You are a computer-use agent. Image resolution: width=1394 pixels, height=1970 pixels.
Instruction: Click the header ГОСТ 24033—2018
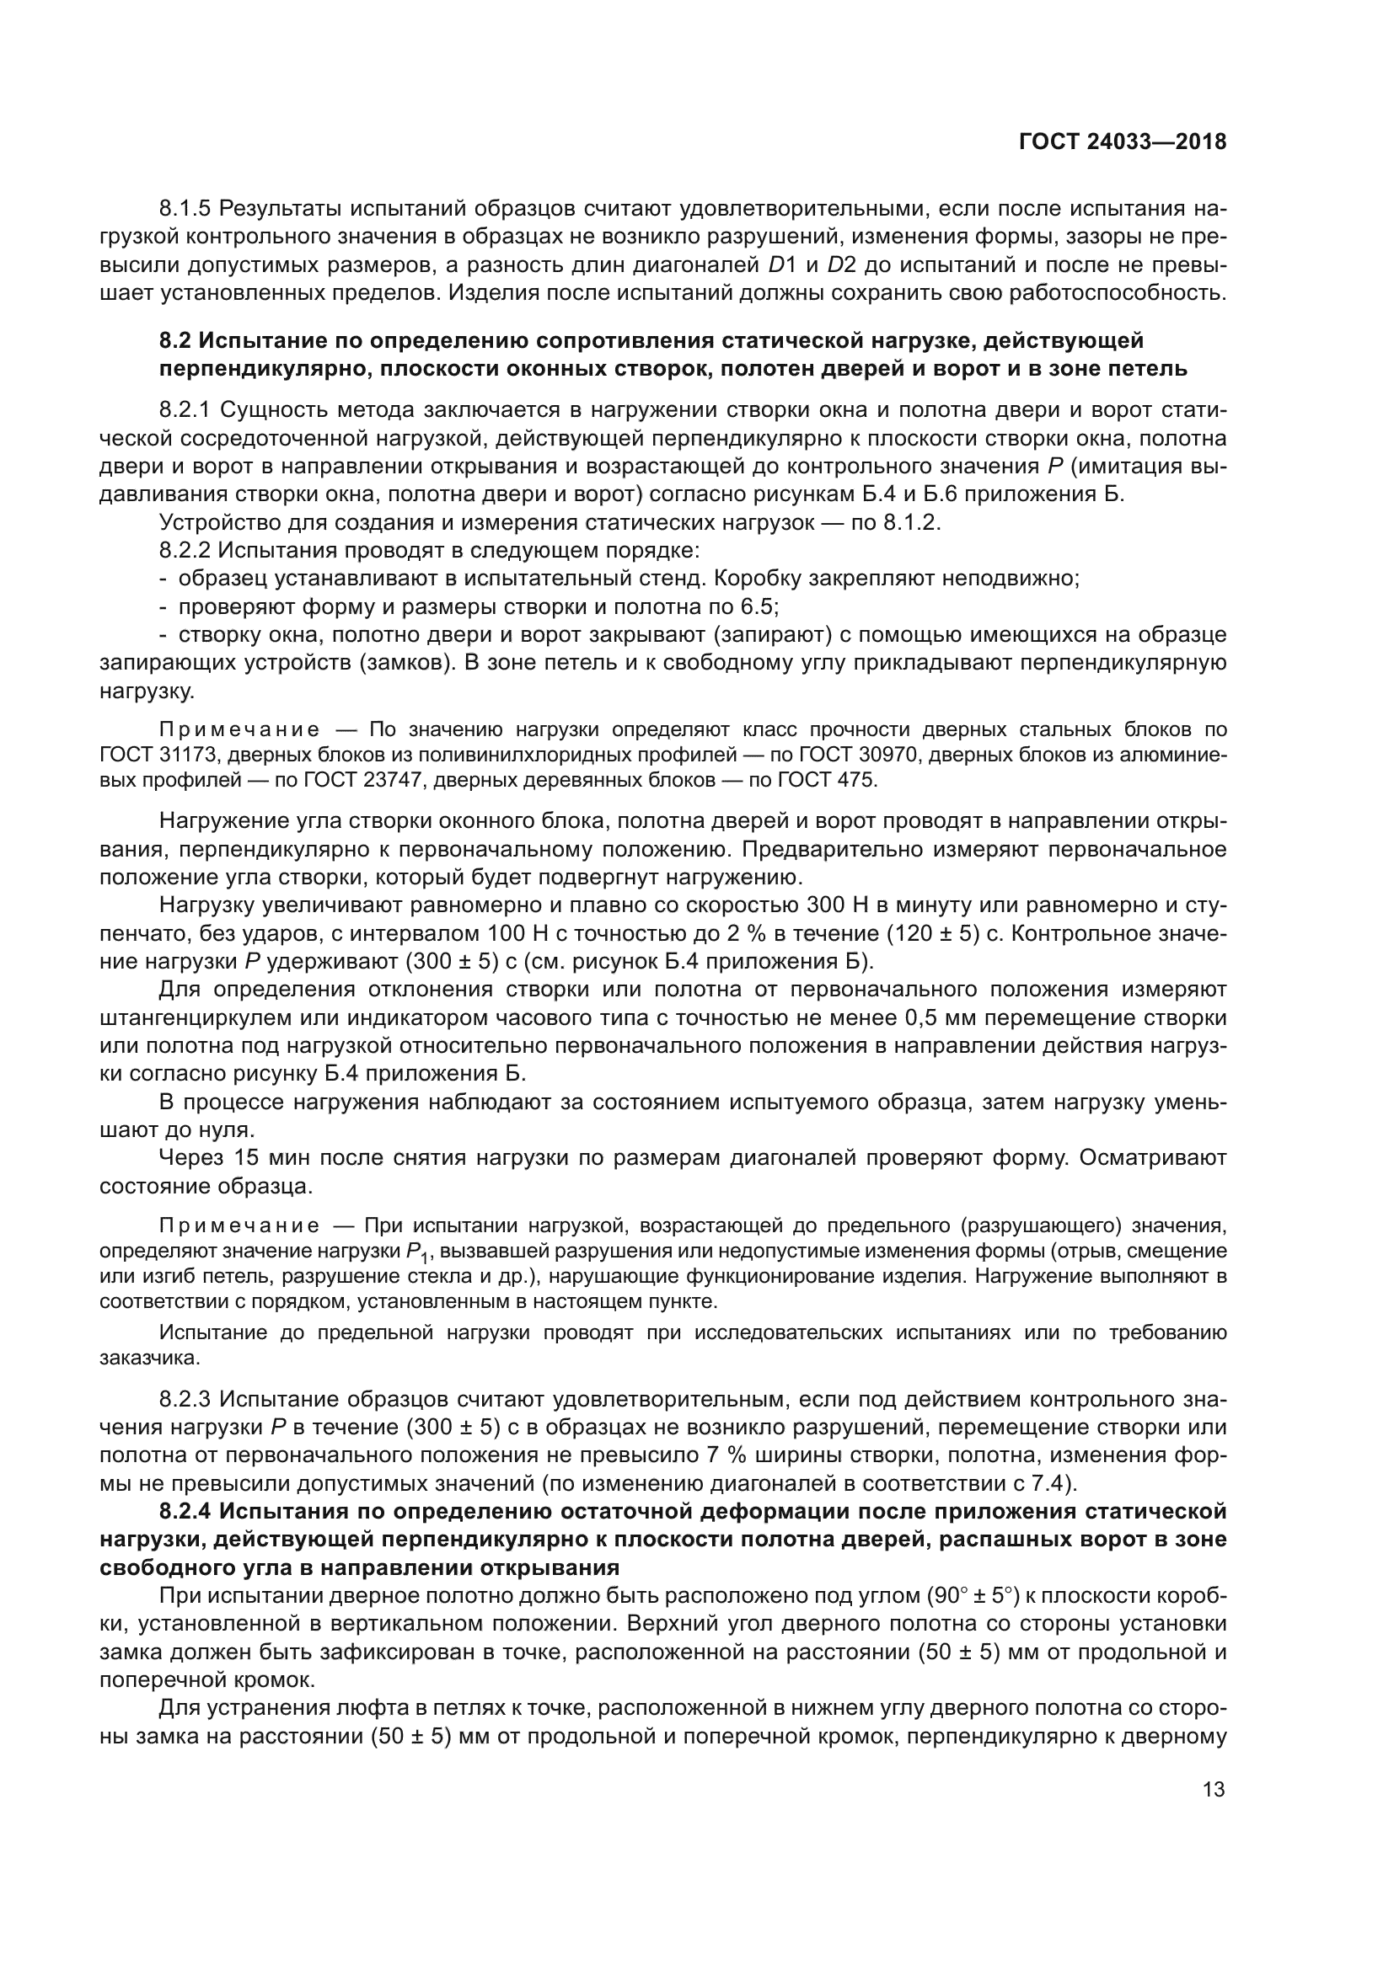click(1122, 141)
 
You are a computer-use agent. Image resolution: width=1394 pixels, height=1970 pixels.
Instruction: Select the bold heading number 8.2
click(176, 340)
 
